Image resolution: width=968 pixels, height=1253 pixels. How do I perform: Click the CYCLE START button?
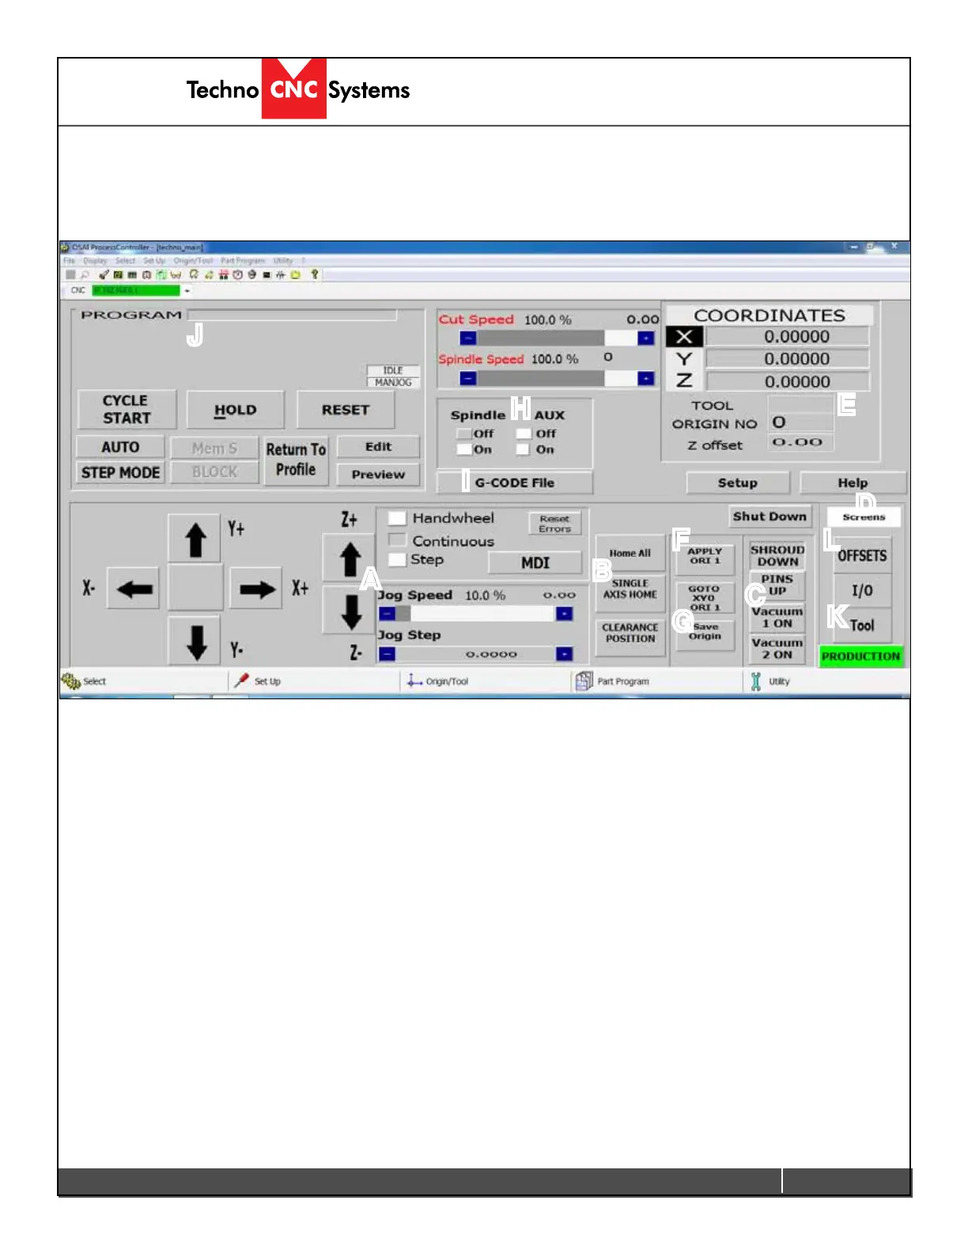pos(126,410)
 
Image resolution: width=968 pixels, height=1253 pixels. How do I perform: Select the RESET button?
pos(345,410)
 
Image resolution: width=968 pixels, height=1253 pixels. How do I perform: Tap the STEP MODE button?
pos(120,472)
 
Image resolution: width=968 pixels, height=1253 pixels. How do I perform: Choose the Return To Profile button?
pos(296,460)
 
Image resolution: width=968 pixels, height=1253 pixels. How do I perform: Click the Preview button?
pos(378,475)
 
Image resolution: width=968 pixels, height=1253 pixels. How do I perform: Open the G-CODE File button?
pos(514,483)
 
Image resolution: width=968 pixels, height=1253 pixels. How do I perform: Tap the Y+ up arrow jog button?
pos(195,540)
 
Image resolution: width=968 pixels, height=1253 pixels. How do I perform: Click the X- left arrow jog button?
pos(134,589)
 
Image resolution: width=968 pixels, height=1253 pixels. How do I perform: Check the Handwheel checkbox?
pos(397,518)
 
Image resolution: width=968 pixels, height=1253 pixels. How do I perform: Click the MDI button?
pos(535,562)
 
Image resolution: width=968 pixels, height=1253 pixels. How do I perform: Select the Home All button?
pos(630,553)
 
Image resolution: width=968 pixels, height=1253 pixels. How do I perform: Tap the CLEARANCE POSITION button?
pos(630,633)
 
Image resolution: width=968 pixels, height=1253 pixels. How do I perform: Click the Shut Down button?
pos(769,517)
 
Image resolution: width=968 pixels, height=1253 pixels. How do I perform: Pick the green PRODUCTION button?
pos(860,657)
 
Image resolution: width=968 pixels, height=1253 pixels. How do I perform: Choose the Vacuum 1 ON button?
pos(777,617)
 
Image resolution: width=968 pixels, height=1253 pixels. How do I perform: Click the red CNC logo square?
pos(294,89)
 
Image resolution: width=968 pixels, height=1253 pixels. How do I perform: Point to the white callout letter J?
pos(195,335)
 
